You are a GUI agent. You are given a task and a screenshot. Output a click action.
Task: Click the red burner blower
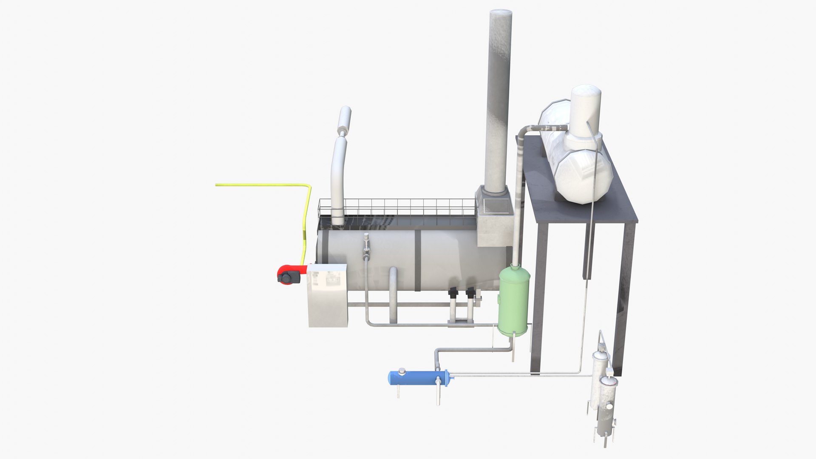289,274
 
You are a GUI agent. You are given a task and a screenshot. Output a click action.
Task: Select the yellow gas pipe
263,185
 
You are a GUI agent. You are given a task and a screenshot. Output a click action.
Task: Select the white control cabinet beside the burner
327,295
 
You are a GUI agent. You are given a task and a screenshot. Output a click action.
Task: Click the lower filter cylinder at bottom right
606,406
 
